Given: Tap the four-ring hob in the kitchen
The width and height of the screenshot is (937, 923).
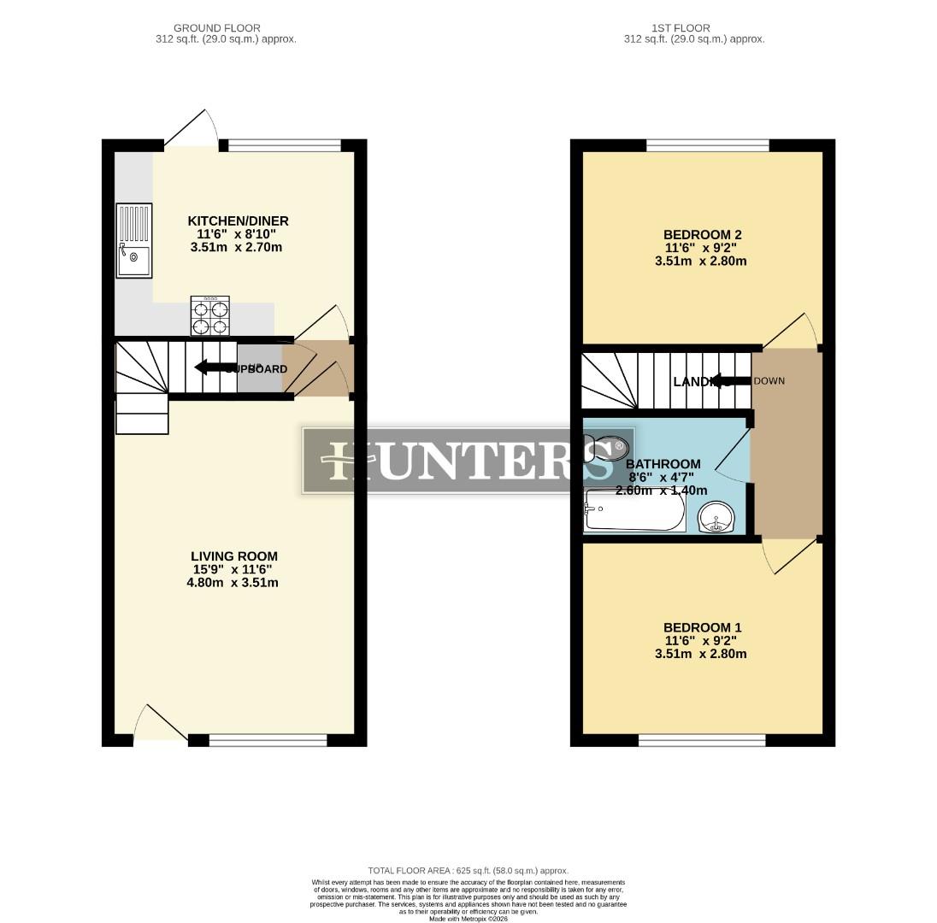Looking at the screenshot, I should (209, 315).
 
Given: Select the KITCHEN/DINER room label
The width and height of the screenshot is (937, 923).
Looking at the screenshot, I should (238, 221).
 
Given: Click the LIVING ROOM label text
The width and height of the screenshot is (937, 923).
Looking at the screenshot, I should (233, 556).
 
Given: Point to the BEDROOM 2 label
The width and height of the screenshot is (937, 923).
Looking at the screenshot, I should (702, 235).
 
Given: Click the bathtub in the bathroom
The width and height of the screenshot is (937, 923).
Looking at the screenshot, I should (634, 512).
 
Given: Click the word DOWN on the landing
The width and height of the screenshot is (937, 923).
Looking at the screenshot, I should (769, 380).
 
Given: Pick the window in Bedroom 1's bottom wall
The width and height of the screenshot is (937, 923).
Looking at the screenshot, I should (702, 740).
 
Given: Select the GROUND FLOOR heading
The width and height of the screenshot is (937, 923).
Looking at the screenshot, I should (216, 28).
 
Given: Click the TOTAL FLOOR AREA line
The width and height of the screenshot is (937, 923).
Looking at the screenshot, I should (468, 871).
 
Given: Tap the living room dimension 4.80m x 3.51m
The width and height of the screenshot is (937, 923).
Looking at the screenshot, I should (233, 583).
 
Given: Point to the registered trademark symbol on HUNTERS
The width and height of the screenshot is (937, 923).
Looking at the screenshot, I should (619, 445).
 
